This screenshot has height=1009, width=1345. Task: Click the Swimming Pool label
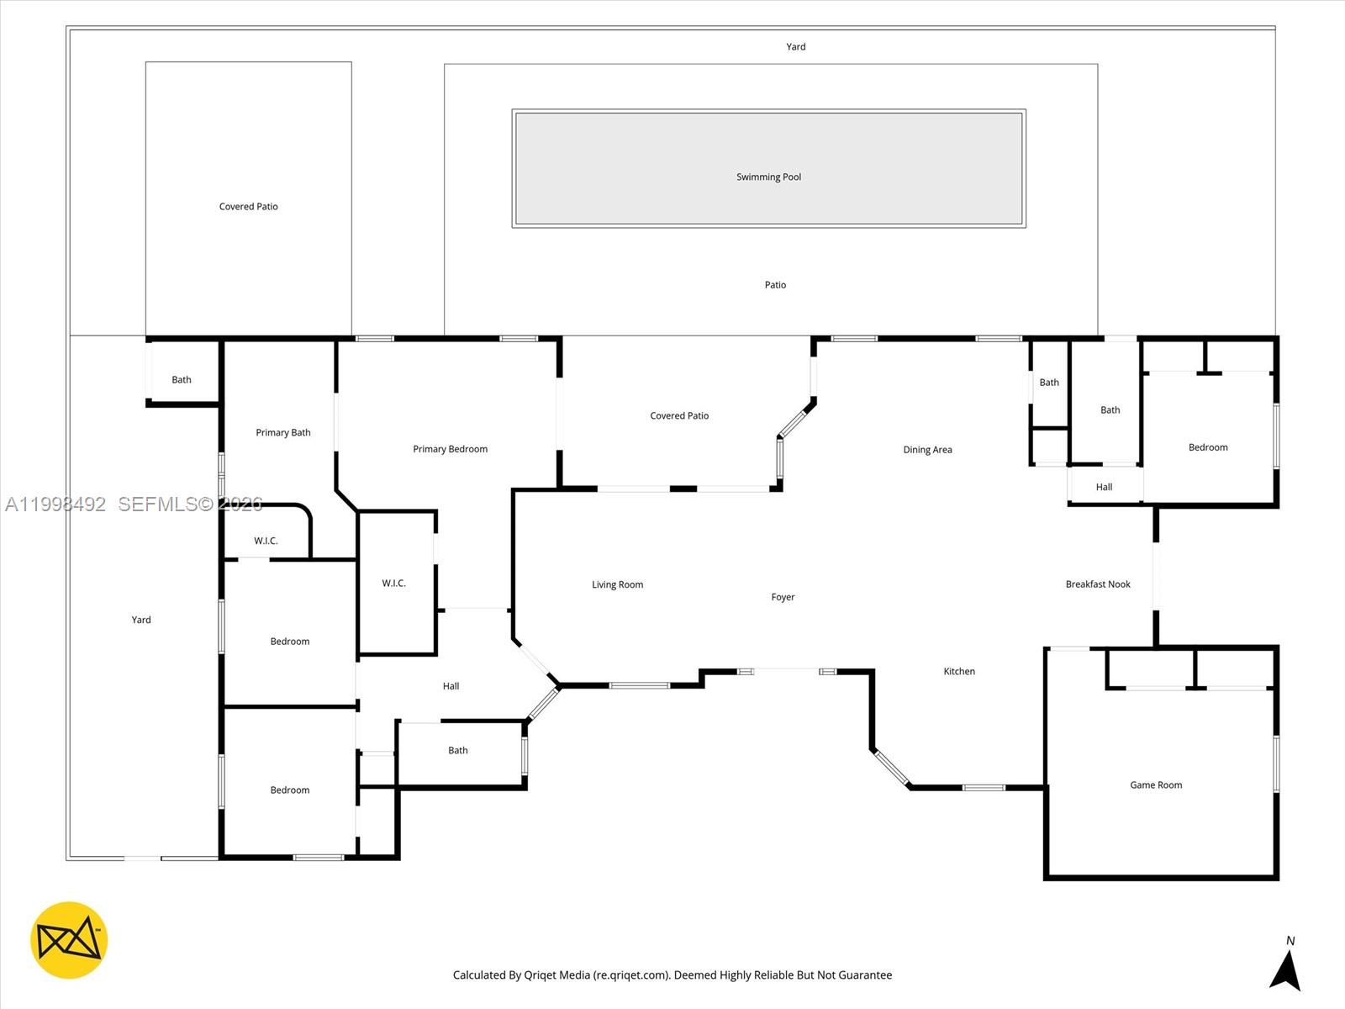point(768,177)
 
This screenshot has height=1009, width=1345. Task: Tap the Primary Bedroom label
point(450,449)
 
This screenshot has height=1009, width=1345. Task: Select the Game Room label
point(1156,785)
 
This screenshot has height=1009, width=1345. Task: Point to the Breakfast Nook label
point(1098,584)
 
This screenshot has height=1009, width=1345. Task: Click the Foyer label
point(783,597)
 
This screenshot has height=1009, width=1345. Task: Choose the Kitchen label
point(959,671)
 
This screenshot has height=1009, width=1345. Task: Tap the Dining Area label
point(927,450)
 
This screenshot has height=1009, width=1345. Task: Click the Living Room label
point(617,584)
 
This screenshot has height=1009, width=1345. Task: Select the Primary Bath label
point(283,432)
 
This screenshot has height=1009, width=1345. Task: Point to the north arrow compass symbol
point(1285,967)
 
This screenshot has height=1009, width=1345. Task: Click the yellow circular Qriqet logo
point(69,940)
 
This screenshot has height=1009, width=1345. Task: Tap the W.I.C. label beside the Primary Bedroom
point(393,583)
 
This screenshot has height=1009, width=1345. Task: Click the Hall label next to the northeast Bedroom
point(1104,487)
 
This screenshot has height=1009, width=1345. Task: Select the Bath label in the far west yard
point(182,379)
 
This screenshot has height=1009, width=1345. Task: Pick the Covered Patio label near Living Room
point(679,415)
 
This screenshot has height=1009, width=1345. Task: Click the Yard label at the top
point(795,47)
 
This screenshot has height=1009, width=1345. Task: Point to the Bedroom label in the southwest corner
point(290,790)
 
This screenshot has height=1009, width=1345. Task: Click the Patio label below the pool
point(775,285)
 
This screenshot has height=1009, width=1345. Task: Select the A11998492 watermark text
point(55,504)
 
